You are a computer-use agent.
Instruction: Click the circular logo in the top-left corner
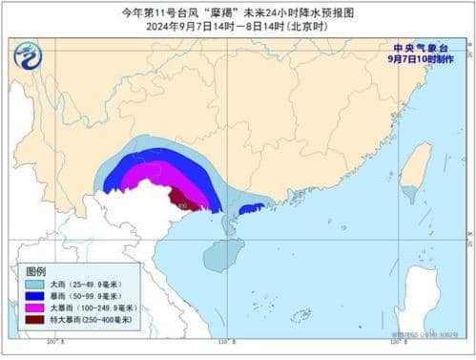29,58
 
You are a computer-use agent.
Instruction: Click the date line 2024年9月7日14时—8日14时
238,27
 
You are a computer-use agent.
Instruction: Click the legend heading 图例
36,272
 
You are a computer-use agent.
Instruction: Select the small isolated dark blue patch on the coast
251,208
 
